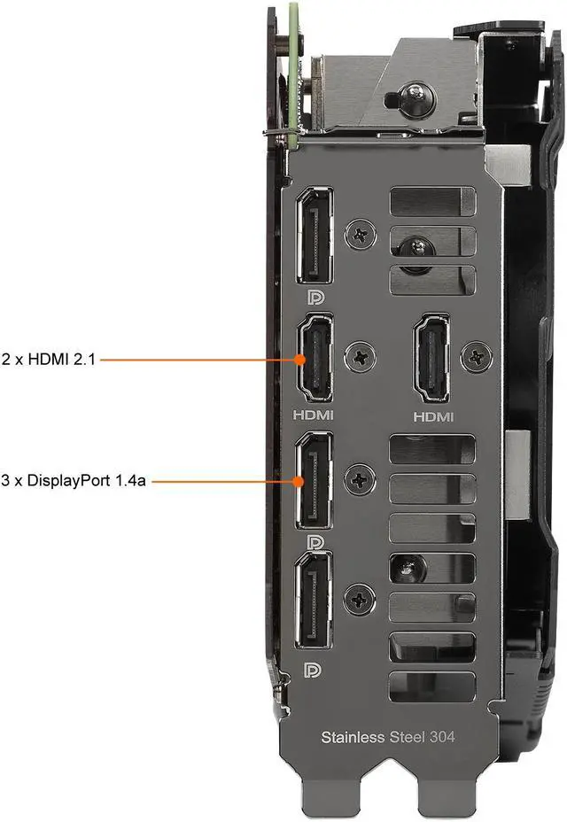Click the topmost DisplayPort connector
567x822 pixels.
pyautogui.click(x=313, y=236)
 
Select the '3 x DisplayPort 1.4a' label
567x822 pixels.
pyautogui.click(x=74, y=482)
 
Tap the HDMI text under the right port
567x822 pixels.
pyautogui.click(x=433, y=415)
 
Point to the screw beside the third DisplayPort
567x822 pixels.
pyautogui.click(x=360, y=481)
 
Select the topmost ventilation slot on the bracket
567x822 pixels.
pyautogui.click(x=432, y=203)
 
